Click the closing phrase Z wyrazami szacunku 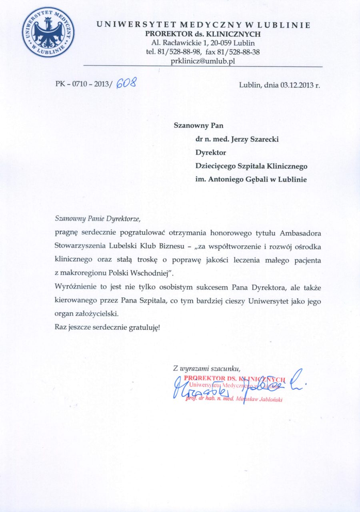[206, 367]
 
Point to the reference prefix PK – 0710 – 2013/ [84, 85]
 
